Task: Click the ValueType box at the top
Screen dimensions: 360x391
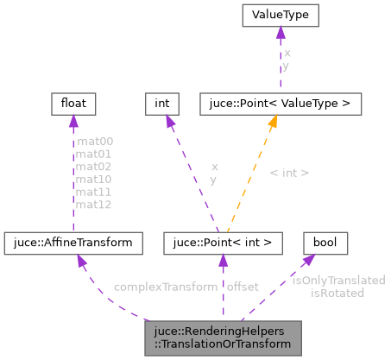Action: click(280, 16)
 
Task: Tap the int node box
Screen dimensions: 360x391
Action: click(161, 104)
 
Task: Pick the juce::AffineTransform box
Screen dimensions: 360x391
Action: click(73, 243)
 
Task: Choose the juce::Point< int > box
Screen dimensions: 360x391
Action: click(224, 243)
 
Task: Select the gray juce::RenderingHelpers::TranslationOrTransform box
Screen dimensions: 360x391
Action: click(224, 336)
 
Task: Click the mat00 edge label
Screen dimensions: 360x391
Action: click(95, 141)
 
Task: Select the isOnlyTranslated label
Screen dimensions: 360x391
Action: click(337, 281)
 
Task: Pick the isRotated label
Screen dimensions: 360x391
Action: click(337, 293)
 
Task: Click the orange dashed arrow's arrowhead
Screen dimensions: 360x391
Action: click(271, 123)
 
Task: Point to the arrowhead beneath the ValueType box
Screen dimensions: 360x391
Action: click(280, 35)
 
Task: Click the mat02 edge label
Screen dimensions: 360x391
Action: click(95, 167)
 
